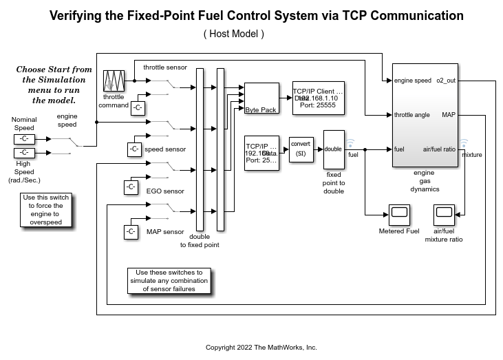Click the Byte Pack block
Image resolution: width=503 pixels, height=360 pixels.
pyautogui.click(x=261, y=98)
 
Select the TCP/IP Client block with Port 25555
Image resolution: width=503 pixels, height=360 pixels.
pyautogui.click(x=317, y=98)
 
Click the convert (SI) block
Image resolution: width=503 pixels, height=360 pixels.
pyautogui.click(x=301, y=149)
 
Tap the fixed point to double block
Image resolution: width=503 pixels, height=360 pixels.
pyautogui.click(x=334, y=149)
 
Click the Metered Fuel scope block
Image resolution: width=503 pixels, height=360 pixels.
pyautogui.click(x=398, y=215)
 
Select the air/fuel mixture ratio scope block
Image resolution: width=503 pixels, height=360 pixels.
pyautogui.click(x=444, y=215)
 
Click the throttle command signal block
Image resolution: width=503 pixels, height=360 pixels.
pyautogui.click(x=113, y=81)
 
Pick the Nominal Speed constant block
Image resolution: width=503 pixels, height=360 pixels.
pyautogui.click(x=24, y=139)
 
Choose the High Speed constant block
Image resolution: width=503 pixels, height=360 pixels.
pyautogui.click(x=24, y=153)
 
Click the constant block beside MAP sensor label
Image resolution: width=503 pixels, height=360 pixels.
pyautogui.click(x=131, y=232)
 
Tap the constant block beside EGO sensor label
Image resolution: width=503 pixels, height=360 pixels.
pyautogui.click(x=131, y=187)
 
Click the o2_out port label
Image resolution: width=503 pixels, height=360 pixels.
pyautogui.click(x=446, y=81)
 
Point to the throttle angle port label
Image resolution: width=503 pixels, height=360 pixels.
pyautogui.click(x=412, y=115)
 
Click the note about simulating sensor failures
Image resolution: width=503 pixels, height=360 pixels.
pyautogui.click(x=169, y=280)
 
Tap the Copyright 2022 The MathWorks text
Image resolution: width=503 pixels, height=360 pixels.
pyautogui.click(x=261, y=347)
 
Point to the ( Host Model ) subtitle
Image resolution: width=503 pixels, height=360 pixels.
pyautogui.click(x=234, y=33)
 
